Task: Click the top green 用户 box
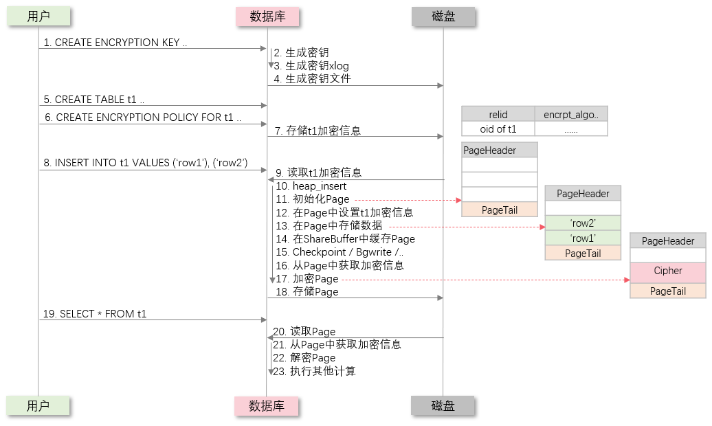[x=38, y=16]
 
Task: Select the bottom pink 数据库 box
[x=267, y=405]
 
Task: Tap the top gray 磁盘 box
[x=444, y=16]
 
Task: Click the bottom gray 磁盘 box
[x=443, y=405]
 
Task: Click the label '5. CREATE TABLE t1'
[x=90, y=100]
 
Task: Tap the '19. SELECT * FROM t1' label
[x=95, y=314]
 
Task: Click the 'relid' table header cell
[x=498, y=115]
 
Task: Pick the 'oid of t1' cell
[x=498, y=129]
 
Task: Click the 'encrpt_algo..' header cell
[x=571, y=115]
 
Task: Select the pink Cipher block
[x=668, y=271]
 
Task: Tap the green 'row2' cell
[x=583, y=223]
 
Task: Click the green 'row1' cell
[x=583, y=238]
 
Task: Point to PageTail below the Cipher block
[x=668, y=291]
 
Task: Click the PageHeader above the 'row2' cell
[x=583, y=194]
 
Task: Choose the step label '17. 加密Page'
[x=307, y=279]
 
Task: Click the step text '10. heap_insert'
[x=311, y=186]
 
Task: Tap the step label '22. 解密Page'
[x=304, y=358]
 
